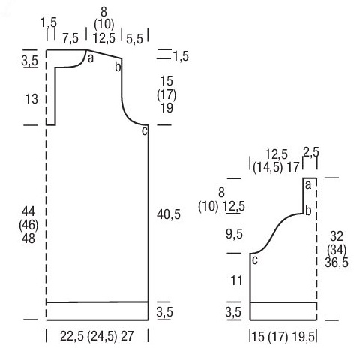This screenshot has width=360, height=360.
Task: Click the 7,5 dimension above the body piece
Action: click(70, 38)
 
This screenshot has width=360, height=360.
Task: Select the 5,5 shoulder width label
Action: click(134, 39)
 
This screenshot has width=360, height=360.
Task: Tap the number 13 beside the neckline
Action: click(31, 99)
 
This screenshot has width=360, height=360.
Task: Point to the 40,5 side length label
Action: click(169, 214)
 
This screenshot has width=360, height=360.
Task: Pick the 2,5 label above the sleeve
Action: click(311, 152)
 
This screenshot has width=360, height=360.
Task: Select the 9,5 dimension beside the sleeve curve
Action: click(234, 234)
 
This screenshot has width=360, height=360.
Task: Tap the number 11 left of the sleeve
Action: click(236, 280)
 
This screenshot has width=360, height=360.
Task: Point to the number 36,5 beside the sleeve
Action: click(337, 262)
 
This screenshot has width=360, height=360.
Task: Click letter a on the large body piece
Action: click(91, 58)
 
